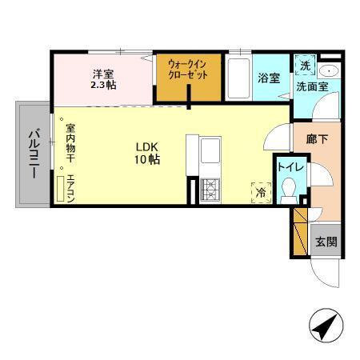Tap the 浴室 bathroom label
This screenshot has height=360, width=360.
pos(268,78)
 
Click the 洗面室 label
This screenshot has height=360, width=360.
pos(311,85)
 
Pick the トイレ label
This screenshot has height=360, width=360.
pos(289,167)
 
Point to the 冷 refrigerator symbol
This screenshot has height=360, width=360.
pos(261,191)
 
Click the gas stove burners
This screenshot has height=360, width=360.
pos(210,189)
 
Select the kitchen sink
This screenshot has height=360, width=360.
pos(210,150)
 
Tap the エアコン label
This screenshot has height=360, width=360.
pos(70,189)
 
